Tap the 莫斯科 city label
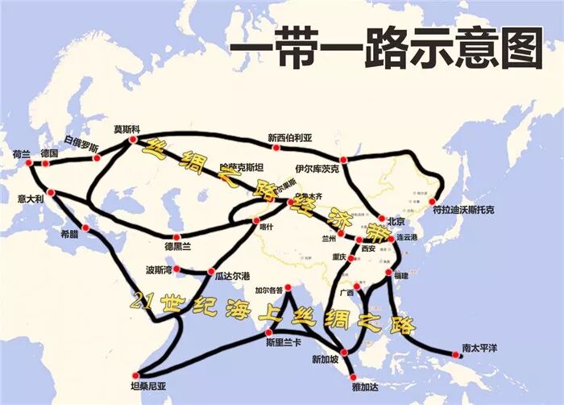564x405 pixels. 126,129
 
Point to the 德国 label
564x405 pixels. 49,152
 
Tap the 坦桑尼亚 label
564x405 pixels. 148,386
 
